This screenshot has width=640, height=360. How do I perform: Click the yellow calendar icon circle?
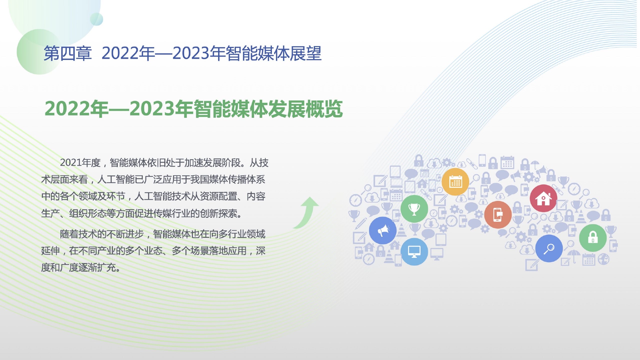[x=455, y=182]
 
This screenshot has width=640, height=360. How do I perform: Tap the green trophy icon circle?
[x=414, y=209]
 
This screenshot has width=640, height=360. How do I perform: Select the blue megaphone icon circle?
[x=383, y=231]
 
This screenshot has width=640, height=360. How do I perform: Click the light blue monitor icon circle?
[x=414, y=252]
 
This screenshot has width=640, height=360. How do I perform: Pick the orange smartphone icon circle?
[x=498, y=215]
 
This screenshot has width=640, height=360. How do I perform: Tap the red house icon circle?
[x=543, y=198]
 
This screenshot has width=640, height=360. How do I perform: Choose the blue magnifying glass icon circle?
[x=549, y=248]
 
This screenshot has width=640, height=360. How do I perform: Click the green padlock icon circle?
[x=593, y=238]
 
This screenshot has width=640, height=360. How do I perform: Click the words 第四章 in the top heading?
[x=67, y=53]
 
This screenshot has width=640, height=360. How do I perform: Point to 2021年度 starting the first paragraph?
[x=80, y=162]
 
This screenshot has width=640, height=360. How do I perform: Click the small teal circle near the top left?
[x=97, y=19]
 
